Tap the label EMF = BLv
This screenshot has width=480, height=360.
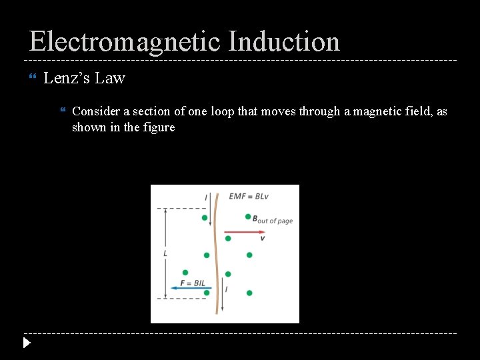coord(247,197)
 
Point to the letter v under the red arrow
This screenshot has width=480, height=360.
coord(262,239)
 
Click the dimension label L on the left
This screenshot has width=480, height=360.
coord(165,253)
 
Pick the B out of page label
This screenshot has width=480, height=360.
coord(272,219)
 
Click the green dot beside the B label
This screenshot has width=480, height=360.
coord(248,217)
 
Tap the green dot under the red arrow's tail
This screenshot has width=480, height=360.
coord(228,238)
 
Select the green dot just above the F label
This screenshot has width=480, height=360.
coord(185,273)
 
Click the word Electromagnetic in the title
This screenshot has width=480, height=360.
coord(124,41)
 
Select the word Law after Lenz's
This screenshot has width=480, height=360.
coord(110,78)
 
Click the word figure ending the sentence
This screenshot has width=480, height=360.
coord(159,127)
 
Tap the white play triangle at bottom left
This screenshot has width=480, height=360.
coord(26,343)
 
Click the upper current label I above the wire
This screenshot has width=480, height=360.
coord(206,197)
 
